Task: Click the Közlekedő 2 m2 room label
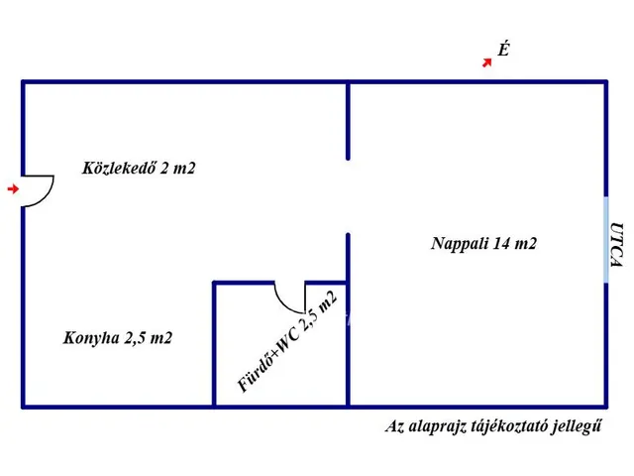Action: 139,168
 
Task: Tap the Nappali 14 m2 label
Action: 484,243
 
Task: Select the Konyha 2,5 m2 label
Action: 118,337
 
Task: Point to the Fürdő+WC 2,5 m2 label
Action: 286,342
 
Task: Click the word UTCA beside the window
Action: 616,245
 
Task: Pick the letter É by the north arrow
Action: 503,50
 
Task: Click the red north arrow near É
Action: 487,62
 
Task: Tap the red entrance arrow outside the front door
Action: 13,188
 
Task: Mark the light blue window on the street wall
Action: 605,240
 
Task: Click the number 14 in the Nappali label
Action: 500,243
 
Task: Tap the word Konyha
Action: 91,337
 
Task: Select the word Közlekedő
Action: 119,168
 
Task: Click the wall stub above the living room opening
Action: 348,121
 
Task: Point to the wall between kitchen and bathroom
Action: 214,344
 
